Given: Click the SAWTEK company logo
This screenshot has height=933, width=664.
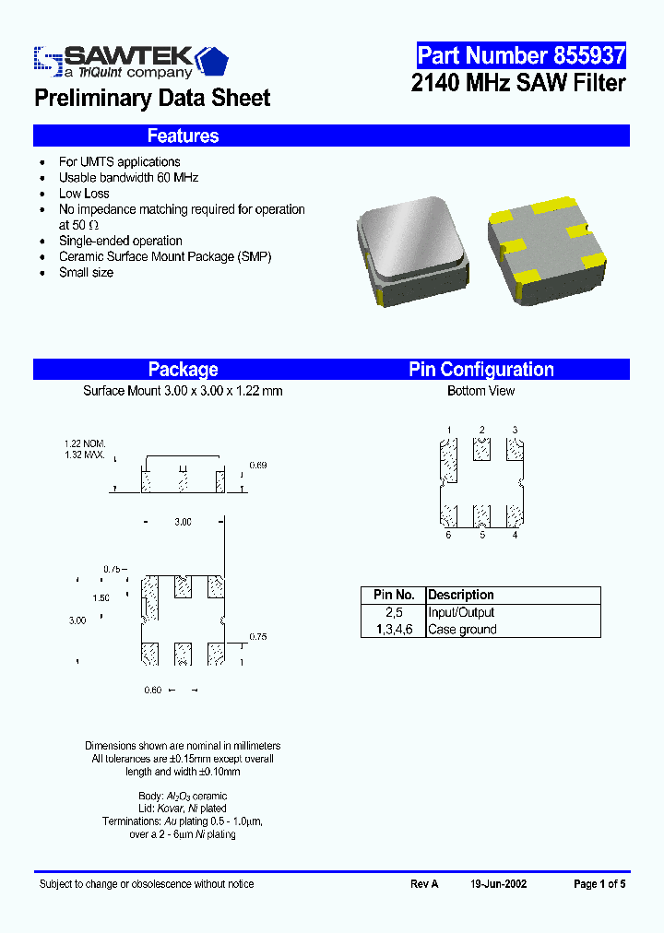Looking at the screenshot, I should [x=130, y=61].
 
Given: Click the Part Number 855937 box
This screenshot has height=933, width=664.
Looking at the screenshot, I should [x=521, y=55].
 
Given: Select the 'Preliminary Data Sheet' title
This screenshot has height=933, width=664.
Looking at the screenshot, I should [x=152, y=98].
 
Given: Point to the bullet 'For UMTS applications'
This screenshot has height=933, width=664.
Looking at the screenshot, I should [x=119, y=162].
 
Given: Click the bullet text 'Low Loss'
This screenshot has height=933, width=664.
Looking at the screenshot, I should [x=84, y=194].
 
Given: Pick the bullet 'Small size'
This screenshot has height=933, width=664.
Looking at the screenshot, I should [x=86, y=273].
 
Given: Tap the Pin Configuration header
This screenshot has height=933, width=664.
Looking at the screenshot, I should [x=481, y=370].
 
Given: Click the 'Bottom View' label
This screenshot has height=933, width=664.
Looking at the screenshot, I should [x=481, y=391].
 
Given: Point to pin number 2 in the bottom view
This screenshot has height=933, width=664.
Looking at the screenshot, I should [x=481, y=431].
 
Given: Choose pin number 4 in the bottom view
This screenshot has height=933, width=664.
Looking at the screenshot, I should [x=515, y=536].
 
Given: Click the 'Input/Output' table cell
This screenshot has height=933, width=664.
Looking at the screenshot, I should [x=461, y=612].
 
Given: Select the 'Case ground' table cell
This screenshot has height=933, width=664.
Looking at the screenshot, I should [x=462, y=630].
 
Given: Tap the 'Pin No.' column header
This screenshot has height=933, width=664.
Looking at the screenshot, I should [x=394, y=596].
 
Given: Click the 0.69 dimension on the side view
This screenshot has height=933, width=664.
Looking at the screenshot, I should [x=258, y=466].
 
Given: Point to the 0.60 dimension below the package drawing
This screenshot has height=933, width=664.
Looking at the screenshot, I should [x=152, y=691].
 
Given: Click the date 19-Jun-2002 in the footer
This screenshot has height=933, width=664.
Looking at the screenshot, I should [x=498, y=884].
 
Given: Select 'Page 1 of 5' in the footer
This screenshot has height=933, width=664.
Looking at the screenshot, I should [x=599, y=884].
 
